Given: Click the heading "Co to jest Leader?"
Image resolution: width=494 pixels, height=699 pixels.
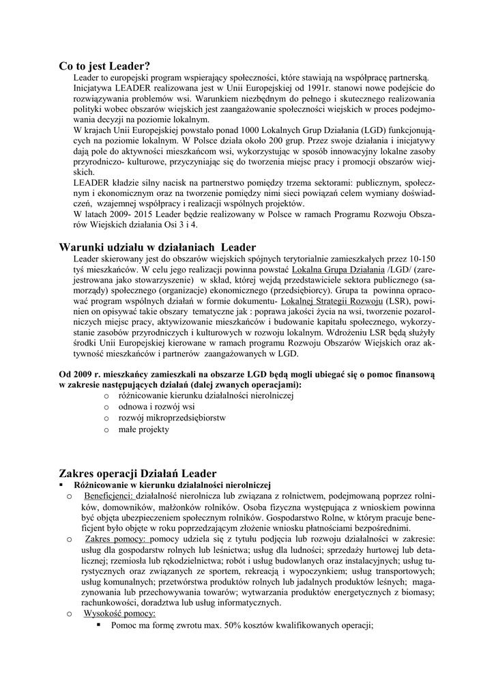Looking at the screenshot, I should point(104,66).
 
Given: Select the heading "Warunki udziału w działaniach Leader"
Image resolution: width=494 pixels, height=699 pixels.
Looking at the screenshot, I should point(158,247).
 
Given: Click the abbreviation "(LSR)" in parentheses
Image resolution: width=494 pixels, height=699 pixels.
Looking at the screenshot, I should point(399,301).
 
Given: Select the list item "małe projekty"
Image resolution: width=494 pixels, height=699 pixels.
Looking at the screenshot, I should point(143,429).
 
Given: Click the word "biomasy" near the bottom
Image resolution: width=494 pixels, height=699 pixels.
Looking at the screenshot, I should point(417,593).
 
